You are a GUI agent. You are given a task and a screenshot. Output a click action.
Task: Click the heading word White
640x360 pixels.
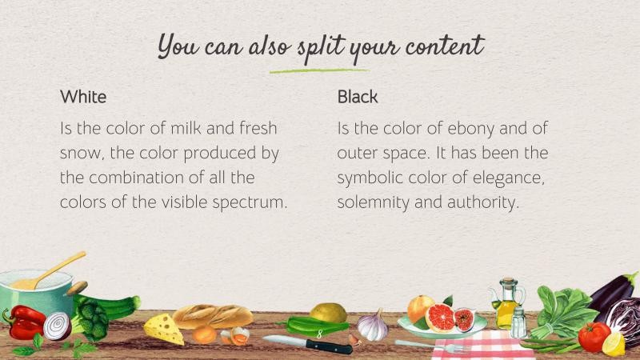pyautogui.click(x=83, y=98)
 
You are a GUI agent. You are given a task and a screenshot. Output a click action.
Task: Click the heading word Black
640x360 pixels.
pyautogui.click(x=358, y=98)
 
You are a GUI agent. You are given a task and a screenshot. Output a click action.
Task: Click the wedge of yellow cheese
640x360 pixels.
pyautogui.click(x=162, y=327)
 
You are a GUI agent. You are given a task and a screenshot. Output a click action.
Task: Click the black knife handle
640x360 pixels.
pyautogui.click(x=328, y=346)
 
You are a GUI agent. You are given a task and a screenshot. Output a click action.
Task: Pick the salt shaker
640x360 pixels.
pyautogui.click(x=518, y=323)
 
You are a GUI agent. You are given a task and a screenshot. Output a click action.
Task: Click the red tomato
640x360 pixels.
pyautogui.click(x=594, y=337)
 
